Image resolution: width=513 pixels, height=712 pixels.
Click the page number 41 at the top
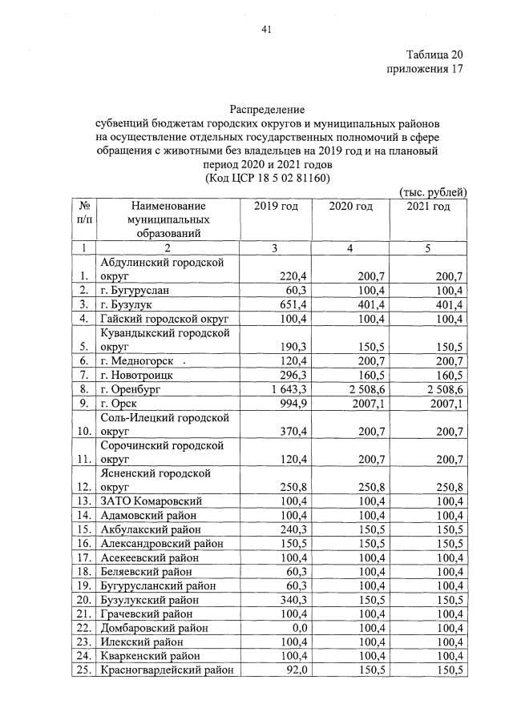pos(268,30)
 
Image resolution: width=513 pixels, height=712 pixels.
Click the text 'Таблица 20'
pos(434,55)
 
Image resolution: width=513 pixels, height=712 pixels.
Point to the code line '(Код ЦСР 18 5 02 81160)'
pos(268,177)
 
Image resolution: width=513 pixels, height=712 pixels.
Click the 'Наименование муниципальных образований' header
pos(168,219)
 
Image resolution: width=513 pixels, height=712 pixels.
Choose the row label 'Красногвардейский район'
pos(167,670)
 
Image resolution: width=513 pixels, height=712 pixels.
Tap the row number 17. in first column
pos(83,557)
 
